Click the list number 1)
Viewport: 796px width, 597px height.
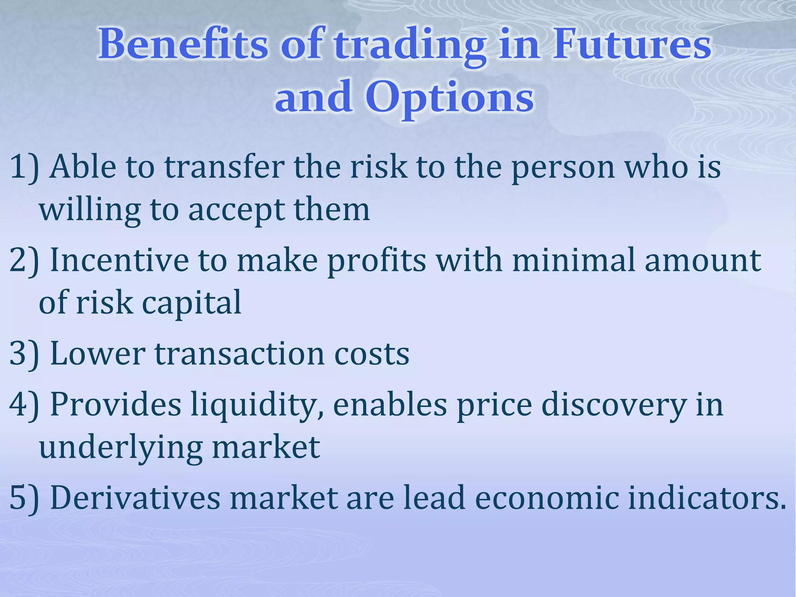pos(24,167)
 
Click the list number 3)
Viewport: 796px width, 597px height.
pos(24,354)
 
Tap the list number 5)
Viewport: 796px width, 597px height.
pos(24,498)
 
